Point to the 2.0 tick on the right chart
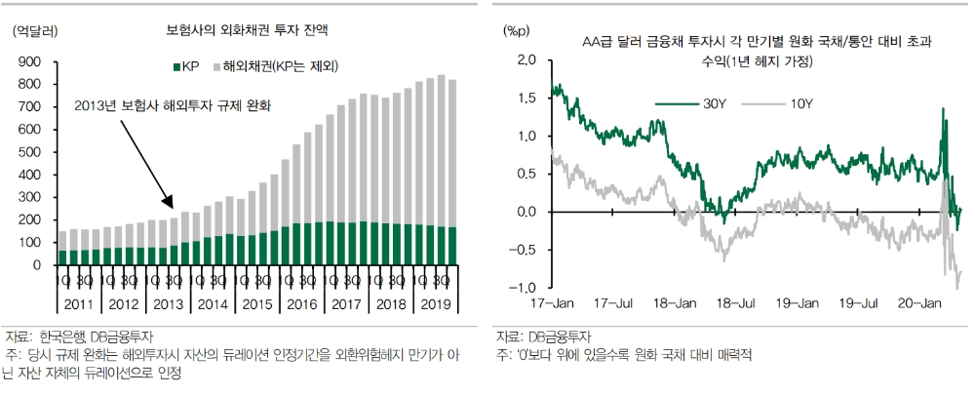526,60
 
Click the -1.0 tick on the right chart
525,288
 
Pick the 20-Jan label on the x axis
918,304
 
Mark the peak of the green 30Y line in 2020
944,109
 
